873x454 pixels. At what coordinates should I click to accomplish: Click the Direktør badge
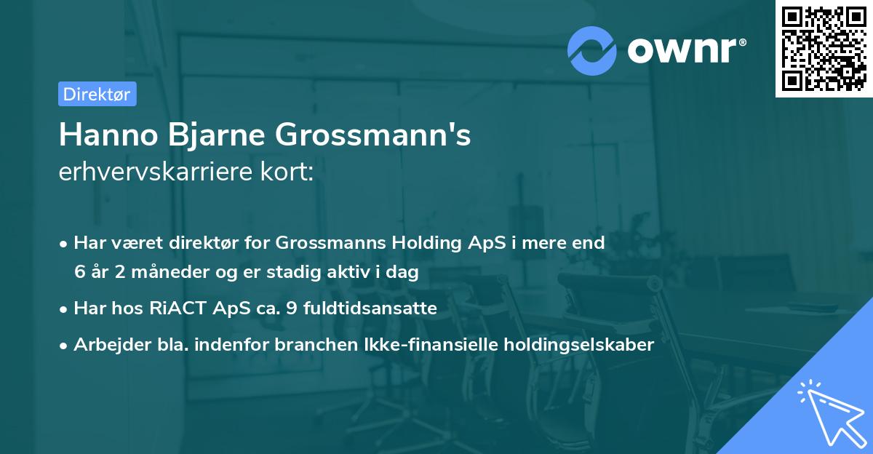[97, 94]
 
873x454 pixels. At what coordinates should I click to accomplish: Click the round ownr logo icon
[591, 50]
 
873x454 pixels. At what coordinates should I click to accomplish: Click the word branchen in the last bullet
[261, 344]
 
